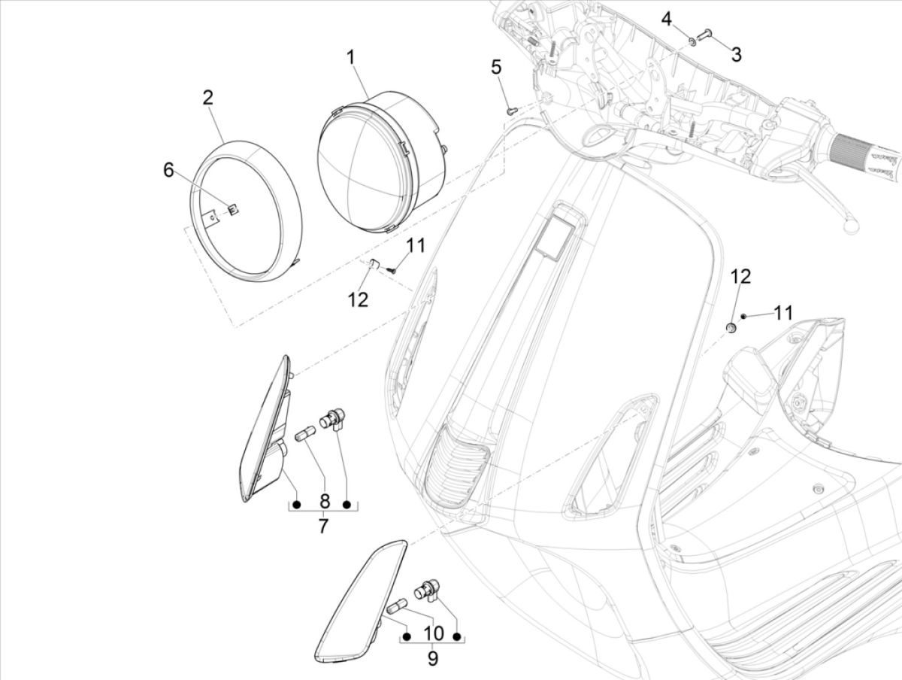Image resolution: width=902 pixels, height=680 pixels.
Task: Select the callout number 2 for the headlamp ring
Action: [207, 97]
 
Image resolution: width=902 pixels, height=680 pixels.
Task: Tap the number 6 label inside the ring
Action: [168, 171]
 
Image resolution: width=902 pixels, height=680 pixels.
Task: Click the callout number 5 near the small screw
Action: [495, 68]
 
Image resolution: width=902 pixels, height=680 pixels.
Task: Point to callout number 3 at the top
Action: [736, 54]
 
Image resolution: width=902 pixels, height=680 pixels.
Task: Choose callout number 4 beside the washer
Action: [667, 19]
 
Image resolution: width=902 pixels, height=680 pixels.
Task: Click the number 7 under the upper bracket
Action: [322, 526]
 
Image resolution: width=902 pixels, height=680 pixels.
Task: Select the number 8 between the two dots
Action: [324, 501]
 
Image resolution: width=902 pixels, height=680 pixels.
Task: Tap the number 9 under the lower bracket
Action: [432, 658]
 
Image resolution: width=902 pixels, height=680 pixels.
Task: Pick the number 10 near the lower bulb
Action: [432, 633]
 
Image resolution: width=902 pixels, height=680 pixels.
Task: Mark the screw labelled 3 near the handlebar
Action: [707, 34]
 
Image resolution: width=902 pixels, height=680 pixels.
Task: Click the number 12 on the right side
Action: [740, 276]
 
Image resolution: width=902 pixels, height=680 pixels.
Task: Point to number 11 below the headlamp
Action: [416, 245]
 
